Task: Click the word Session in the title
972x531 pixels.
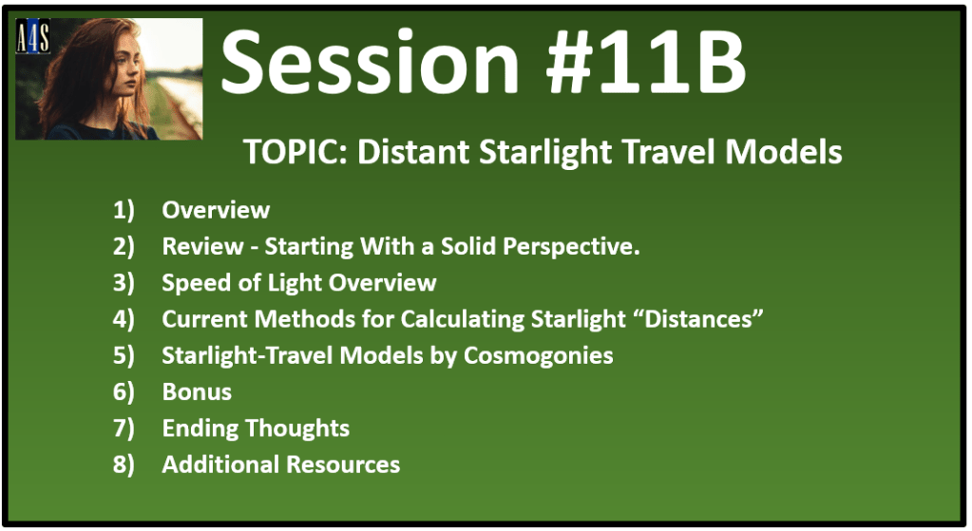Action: [370, 63]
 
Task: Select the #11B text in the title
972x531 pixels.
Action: [645, 63]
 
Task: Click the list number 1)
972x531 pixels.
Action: [124, 211]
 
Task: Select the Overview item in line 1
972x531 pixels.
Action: [216, 210]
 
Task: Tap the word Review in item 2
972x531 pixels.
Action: [202, 247]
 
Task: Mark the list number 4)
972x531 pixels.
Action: [124, 320]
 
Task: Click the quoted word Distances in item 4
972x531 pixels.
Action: [704, 319]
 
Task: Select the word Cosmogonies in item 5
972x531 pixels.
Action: [538, 356]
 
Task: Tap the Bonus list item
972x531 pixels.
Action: [197, 392]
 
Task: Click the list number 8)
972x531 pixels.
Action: [124, 465]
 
